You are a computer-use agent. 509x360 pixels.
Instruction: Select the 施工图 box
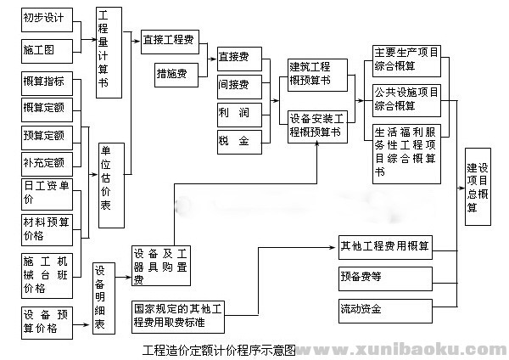tap(48, 50)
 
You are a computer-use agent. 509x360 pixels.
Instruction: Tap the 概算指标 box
tap(48, 82)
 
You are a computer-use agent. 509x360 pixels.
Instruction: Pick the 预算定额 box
tap(48, 136)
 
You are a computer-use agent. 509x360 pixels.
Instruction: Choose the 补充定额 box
tap(48, 161)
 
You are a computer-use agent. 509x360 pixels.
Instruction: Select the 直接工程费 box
tap(170, 39)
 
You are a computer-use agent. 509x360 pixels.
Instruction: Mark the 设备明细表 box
tap(103, 297)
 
